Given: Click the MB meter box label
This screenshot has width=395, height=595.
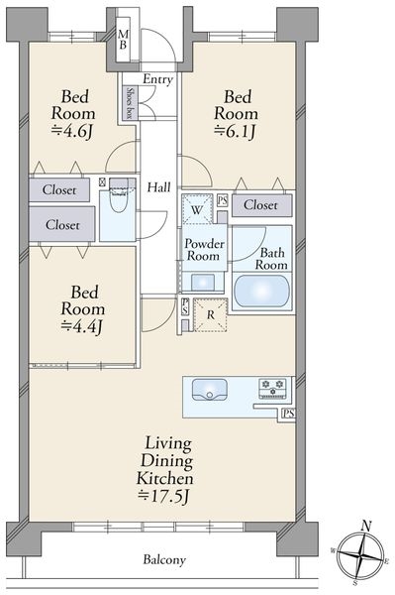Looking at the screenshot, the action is (123, 39).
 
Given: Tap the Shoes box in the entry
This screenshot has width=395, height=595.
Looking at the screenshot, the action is (130, 103).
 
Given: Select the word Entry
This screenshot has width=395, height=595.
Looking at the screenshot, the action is (158, 79).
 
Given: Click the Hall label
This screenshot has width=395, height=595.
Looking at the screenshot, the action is (159, 187).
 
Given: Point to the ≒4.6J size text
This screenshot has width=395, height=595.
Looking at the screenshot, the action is (72, 132).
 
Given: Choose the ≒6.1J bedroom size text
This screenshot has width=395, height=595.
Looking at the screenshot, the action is (236, 132).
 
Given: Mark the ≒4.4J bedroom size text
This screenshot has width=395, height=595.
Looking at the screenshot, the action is (82, 326).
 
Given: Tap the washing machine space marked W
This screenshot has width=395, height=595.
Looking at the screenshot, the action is (197, 209).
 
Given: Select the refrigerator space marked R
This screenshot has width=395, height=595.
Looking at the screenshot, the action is (211, 315).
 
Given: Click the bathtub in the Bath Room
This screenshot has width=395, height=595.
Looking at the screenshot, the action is (261, 291).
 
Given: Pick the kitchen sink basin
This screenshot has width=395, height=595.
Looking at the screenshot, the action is (210, 390).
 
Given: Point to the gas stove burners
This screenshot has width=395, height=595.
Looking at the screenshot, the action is (272, 388).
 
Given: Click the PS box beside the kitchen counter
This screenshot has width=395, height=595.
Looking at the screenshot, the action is (287, 414).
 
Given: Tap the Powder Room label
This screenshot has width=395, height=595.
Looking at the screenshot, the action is (204, 249).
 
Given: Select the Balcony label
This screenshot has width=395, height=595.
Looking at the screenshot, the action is (164, 559).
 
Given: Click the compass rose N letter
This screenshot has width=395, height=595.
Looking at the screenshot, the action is (365, 527).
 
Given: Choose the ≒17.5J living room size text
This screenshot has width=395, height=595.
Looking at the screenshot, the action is (164, 497).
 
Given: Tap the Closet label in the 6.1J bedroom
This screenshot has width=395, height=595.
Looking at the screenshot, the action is (260, 205).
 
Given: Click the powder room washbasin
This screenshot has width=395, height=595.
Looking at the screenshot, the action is (203, 283).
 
